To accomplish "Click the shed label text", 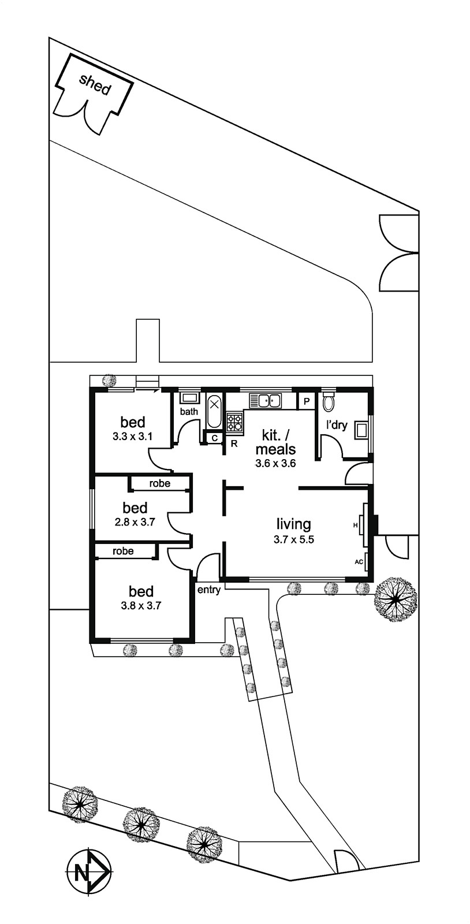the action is pyautogui.click(x=95, y=84).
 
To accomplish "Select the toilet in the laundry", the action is pyautogui.click(x=328, y=401).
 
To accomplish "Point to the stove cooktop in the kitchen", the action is pyautogui.click(x=234, y=422).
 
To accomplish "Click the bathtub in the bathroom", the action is pyautogui.click(x=214, y=411).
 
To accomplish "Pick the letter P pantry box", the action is pyautogui.click(x=307, y=401).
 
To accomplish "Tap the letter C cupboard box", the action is pyautogui.click(x=214, y=438).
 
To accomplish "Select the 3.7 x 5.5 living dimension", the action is pyautogui.click(x=293, y=539).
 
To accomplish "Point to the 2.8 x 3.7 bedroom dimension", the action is pyautogui.click(x=135, y=522).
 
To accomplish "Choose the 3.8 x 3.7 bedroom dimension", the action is pyautogui.click(x=140, y=606).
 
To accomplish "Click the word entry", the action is pyautogui.click(x=209, y=590).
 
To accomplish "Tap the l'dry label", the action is pyautogui.click(x=337, y=425).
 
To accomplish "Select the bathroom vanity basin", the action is pyautogui.click(x=190, y=398).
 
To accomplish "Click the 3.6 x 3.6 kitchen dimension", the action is pyautogui.click(x=276, y=463).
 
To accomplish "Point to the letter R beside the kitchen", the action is pyautogui.click(x=234, y=444).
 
